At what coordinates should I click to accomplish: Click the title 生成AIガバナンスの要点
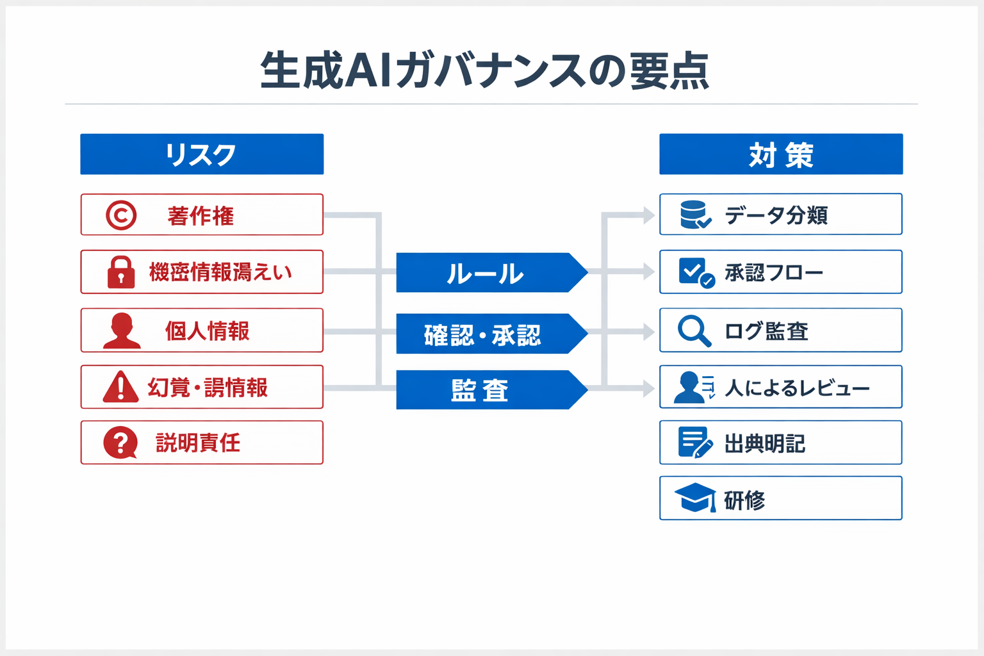click(x=485, y=70)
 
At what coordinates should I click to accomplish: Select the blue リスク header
click(x=202, y=154)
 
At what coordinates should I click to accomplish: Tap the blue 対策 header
click(x=781, y=154)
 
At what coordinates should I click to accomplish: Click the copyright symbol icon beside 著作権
click(x=121, y=215)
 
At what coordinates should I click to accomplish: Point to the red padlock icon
click(x=121, y=272)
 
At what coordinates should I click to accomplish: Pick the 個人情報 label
click(x=207, y=331)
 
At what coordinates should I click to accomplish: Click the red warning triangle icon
click(x=120, y=387)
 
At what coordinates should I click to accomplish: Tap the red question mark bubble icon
click(x=120, y=443)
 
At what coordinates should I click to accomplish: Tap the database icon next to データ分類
click(x=694, y=215)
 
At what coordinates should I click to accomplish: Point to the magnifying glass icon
click(x=694, y=331)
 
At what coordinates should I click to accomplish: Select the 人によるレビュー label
click(x=797, y=388)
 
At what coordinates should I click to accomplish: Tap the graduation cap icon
click(x=695, y=498)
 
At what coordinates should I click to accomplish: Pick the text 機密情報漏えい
click(x=220, y=272)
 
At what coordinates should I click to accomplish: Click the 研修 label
click(x=744, y=500)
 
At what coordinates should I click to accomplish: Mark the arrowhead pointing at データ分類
click(x=648, y=215)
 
